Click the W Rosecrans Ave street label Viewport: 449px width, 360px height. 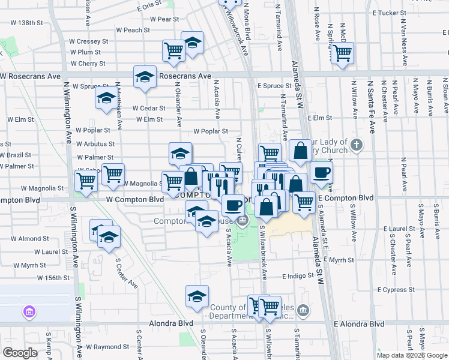[31, 76]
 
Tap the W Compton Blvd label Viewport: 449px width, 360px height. [135, 199]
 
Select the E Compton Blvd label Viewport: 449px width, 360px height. [345, 198]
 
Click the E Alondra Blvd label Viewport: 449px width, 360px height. [358, 323]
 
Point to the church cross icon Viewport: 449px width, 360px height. [357, 145]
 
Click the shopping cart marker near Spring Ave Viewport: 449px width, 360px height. [342, 52]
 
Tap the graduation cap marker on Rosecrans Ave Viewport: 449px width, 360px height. [145, 76]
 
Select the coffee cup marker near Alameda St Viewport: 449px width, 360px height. [321, 173]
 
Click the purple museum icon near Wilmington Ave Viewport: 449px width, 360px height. [28, 312]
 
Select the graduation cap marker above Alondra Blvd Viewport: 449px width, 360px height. [196, 296]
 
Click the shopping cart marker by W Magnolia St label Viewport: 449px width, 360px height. [173, 181]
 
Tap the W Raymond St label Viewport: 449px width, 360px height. [103, 347]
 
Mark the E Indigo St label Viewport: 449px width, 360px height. [298, 277]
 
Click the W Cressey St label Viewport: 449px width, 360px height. [88, 42]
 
